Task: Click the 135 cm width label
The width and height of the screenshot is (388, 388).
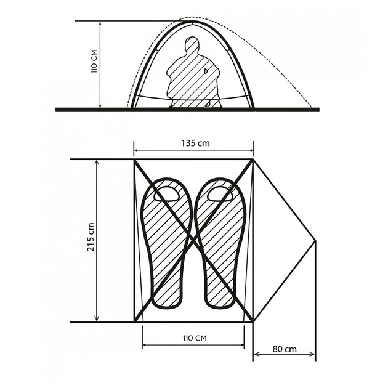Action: [x=195, y=143]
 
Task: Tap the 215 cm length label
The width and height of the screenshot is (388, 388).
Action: [x=91, y=237]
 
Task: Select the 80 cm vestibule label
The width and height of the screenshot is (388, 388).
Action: [x=285, y=349]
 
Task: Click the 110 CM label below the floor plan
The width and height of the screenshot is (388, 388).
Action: [x=195, y=338]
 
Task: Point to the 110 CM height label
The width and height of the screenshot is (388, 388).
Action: [x=94, y=62]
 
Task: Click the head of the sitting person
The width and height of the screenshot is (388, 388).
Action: [x=192, y=44]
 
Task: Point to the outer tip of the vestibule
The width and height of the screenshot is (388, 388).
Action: [x=315, y=241]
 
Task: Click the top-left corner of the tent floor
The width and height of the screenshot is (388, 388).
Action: [x=134, y=160]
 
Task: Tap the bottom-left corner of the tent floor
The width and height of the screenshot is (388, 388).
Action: [x=134, y=322]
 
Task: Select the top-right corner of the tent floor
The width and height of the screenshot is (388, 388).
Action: [x=253, y=160]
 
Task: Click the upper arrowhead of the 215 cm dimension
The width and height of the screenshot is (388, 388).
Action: [x=97, y=163]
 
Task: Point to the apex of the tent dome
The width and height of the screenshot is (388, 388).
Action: [x=192, y=22]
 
